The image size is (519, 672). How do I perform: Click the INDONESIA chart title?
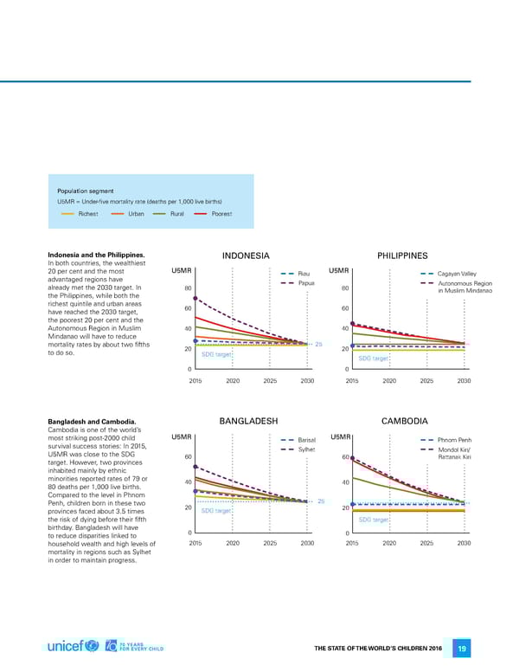click(x=247, y=255)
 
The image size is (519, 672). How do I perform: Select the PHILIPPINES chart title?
click(x=403, y=255)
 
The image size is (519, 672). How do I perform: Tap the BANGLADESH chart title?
click(x=248, y=421)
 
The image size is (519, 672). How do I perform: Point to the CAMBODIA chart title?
click(x=405, y=421)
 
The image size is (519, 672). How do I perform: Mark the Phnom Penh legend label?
click(x=455, y=440)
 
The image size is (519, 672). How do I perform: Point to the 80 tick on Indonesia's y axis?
click(x=188, y=288)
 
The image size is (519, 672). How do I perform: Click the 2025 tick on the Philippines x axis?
click(x=426, y=380)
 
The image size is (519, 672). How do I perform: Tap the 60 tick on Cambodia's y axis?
click(x=345, y=457)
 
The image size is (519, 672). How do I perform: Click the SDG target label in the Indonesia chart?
click(x=215, y=354)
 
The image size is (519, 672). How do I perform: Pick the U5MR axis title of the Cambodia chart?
click(x=340, y=436)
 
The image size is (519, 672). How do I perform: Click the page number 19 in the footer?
click(x=463, y=649)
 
